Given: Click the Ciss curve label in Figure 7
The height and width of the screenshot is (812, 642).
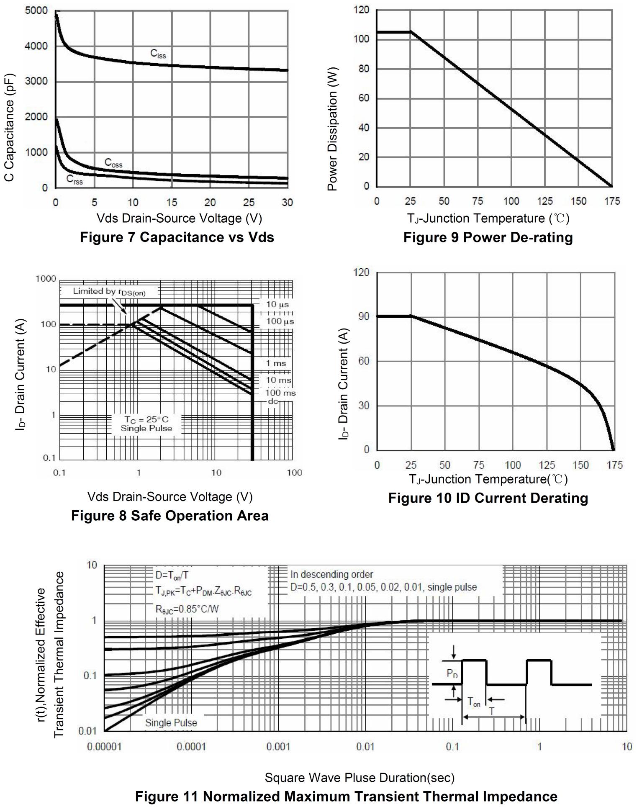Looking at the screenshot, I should coord(158,54).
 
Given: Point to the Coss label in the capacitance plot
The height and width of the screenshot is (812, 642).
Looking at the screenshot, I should coord(113,163).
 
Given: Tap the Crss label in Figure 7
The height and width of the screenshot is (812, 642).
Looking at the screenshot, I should coord(74,180).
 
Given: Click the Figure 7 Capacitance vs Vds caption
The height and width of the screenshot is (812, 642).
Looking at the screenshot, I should coord(177,237).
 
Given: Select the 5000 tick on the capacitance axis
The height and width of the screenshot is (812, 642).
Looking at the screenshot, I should coord(36,10).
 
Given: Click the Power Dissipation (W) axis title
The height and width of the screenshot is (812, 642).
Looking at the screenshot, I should coord(332,129).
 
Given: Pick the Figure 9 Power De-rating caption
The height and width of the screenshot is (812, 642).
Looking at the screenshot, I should coord(488,237).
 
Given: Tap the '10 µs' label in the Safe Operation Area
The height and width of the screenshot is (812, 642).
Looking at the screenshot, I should coord(277,304).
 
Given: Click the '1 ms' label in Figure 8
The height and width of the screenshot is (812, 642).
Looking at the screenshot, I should coord(276,363).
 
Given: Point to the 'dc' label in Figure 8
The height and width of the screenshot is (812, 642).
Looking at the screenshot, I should coord(273,401).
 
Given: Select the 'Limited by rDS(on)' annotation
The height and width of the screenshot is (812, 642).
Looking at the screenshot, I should coord(109,292).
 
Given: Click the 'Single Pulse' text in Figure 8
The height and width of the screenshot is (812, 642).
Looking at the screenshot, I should coord(146,428).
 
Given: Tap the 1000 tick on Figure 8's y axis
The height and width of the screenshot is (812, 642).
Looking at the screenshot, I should coord(46,279).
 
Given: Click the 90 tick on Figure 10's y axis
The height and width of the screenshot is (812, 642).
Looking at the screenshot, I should coord(364,316).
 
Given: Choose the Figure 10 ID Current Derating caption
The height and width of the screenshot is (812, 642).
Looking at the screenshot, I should coord(488,498).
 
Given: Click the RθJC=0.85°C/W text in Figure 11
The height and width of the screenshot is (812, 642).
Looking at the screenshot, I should coord(187,609).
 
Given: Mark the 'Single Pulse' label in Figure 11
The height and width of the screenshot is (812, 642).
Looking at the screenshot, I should coord(171,722).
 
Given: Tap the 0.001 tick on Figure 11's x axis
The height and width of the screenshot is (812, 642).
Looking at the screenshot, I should coord(278,747).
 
